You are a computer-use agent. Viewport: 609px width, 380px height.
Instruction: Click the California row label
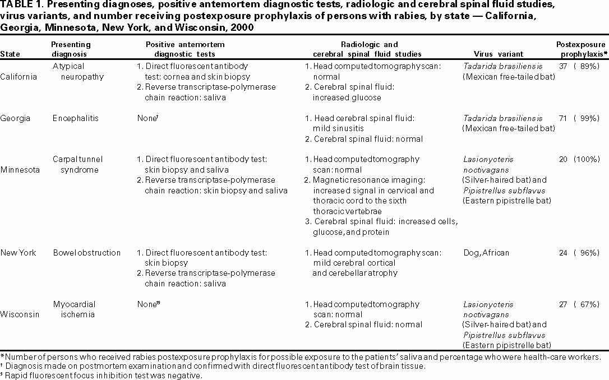19,77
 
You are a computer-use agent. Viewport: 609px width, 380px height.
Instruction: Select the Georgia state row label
15,118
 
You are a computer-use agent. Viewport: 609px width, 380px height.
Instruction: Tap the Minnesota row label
20,170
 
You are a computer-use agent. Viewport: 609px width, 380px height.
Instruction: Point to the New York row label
18,253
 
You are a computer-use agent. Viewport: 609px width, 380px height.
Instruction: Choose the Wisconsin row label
20,314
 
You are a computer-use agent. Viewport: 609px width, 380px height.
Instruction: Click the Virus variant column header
498,54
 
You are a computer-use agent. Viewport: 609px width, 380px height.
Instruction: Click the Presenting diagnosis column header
70,49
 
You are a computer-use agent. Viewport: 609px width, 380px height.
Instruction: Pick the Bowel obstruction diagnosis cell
86,253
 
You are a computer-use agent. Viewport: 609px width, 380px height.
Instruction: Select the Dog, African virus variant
486,253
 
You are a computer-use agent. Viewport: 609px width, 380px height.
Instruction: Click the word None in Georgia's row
146,118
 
